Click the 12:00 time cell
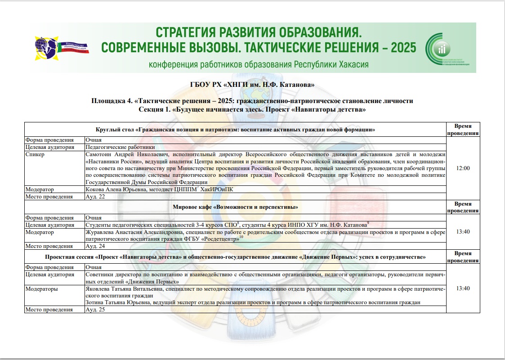[x=463, y=168]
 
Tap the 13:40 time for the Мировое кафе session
[x=463, y=232]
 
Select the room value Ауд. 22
[x=95, y=197]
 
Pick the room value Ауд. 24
[x=95, y=246]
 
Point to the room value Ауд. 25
[x=95, y=310]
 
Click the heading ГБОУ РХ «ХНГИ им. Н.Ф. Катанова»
[x=252, y=85]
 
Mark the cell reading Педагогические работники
[x=120, y=147]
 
